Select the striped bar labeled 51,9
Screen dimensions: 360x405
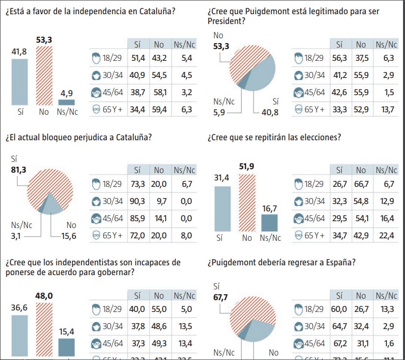point(247,204)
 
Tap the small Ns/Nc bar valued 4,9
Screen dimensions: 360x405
point(67,103)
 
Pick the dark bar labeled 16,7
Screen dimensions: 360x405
point(269,223)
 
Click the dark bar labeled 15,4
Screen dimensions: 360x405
point(67,347)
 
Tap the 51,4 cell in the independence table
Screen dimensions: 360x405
point(137,58)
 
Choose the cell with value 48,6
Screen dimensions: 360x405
point(159,326)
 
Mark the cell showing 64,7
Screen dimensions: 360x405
point(339,326)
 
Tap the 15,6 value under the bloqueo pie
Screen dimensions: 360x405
point(69,236)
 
